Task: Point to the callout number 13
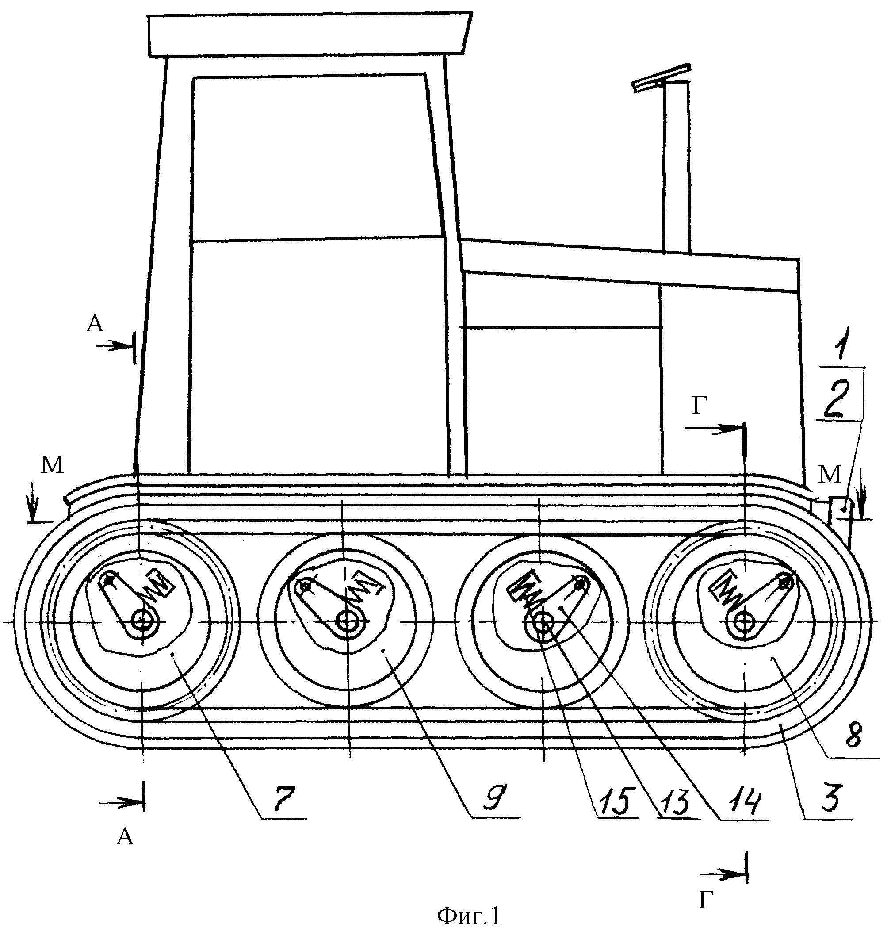pos(674,801)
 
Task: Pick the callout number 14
pos(742,801)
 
